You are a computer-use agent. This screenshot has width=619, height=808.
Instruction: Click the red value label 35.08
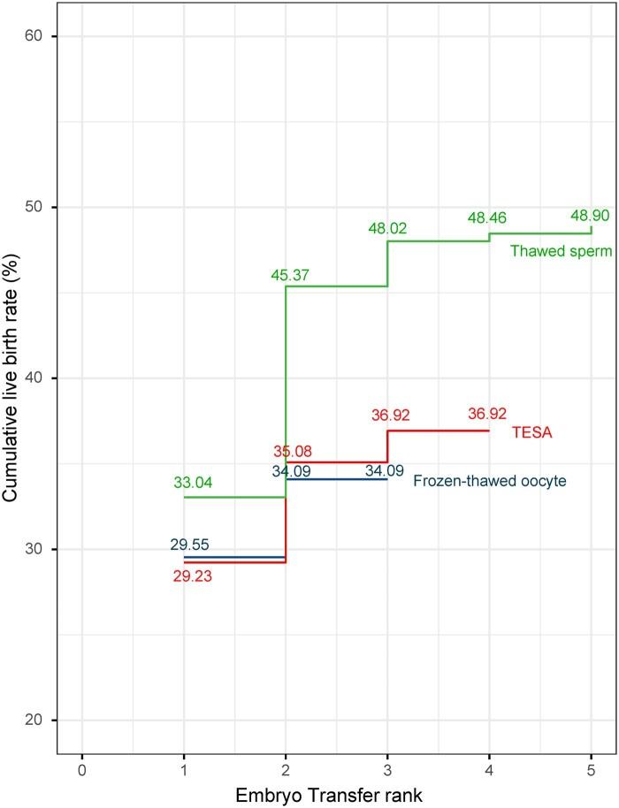(x=292, y=452)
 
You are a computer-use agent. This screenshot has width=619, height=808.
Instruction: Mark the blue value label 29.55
(x=190, y=545)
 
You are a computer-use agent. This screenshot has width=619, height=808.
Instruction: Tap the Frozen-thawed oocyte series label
(x=489, y=481)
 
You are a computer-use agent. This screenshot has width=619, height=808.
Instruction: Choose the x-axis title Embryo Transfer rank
(x=329, y=795)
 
